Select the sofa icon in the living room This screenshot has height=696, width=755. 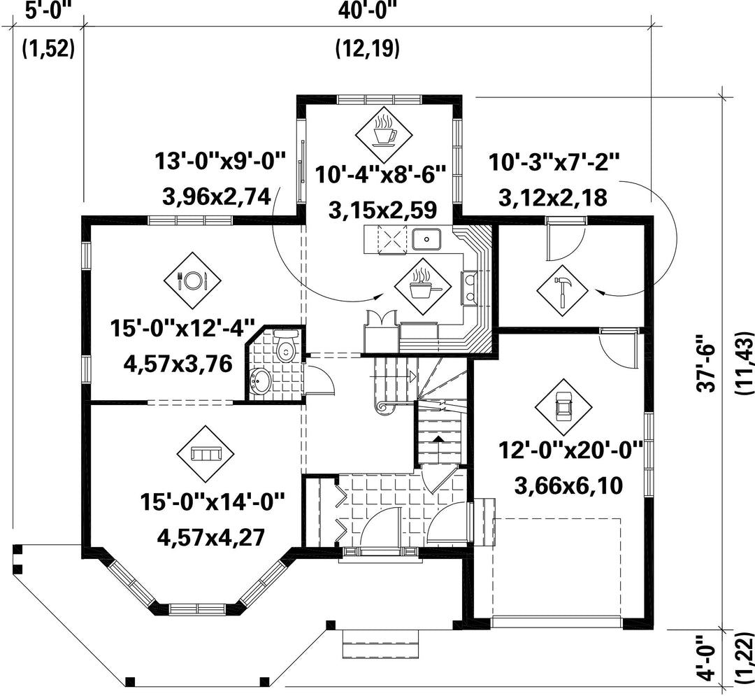tap(206, 454)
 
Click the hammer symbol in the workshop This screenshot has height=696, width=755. tap(562, 290)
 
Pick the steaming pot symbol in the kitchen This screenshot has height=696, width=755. tap(423, 285)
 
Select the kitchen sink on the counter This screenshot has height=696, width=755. tap(426, 239)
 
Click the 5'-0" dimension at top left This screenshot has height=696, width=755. tap(48, 9)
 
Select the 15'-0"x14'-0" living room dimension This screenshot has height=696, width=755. tap(213, 502)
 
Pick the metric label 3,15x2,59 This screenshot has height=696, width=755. tap(383, 211)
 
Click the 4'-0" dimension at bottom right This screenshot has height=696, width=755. tap(711, 663)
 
